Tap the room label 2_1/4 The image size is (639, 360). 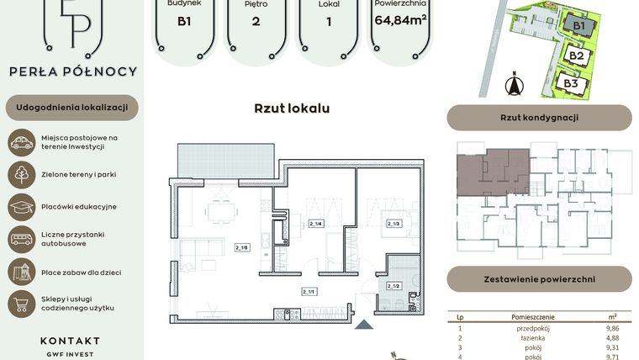pos(317,224)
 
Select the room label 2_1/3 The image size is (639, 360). pos(393,224)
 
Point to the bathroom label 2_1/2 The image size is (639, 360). pos(393,287)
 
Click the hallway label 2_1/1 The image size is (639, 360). pos(309,291)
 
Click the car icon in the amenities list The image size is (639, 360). pos(21,142)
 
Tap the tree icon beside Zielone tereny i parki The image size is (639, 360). pos(21,174)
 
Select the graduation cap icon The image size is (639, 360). pos(21,206)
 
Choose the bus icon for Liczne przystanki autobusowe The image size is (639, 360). pos(21,239)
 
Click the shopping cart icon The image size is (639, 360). pos(21,304)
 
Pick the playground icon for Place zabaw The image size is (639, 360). pos(21,271)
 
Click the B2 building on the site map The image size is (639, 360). pos(576,56)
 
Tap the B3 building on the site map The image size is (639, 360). pos(570,83)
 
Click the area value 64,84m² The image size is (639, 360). pos(401,20)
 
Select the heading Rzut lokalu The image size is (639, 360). pos(292,109)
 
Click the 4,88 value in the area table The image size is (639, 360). pos(611,338)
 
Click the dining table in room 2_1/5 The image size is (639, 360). pos(224,211)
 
